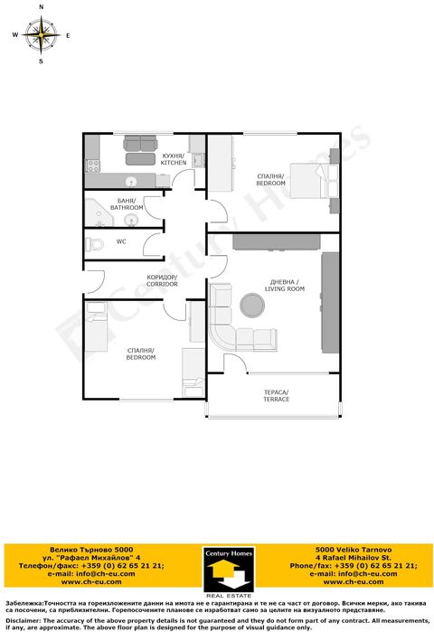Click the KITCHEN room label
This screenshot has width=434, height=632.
click(174, 159)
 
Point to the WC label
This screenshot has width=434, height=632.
click(120, 242)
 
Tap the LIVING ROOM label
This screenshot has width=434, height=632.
click(286, 286)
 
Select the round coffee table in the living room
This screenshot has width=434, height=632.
click(252, 305)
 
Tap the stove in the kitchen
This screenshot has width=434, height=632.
click(90, 165)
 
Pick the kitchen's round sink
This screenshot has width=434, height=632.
click(130, 179)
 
